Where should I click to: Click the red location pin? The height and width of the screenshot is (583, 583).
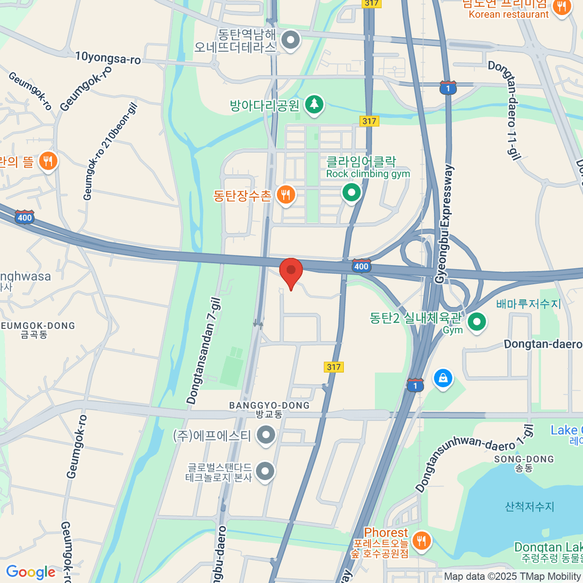tap(291, 271)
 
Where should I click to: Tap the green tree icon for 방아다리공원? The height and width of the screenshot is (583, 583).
tap(314, 104)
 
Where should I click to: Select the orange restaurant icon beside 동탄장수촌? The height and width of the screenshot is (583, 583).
tap(286, 195)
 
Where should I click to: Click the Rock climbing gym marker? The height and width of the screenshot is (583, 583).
tap(351, 193)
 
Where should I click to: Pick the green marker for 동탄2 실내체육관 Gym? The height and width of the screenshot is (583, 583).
tap(477, 322)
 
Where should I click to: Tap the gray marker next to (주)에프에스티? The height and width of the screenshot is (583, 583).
tap(266, 435)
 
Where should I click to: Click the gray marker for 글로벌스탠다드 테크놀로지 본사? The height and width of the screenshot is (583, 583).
tap(265, 471)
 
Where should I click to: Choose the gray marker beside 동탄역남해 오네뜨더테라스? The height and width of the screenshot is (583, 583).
tap(291, 41)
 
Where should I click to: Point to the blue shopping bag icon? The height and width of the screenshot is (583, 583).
tap(443, 378)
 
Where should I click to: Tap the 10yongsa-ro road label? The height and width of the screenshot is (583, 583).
tap(108, 58)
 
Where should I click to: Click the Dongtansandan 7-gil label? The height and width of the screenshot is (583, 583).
tap(204, 351)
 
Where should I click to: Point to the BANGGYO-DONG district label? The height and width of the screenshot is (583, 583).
tap(269, 405)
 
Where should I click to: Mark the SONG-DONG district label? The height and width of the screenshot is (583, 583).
tap(524, 459)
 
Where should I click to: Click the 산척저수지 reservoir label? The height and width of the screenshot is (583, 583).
tap(530, 507)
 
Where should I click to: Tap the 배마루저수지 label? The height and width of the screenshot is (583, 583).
tap(529, 304)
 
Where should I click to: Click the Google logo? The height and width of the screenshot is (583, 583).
tap(31, 572)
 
